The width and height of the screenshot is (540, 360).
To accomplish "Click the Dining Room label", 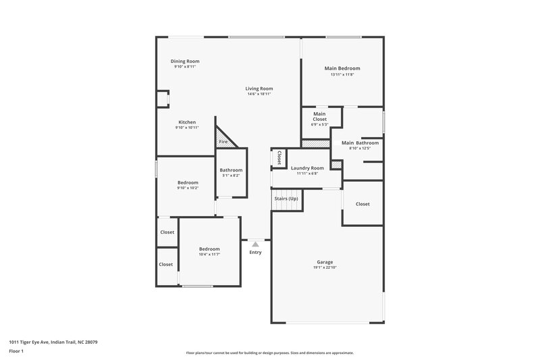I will (185, 61).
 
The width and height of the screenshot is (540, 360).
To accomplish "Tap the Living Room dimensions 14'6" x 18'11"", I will (259, 94).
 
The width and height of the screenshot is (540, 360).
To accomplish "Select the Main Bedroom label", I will (342, 68).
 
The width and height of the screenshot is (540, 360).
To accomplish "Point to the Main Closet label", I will (319, 117).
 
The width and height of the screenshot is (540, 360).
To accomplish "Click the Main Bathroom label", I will (360, 143).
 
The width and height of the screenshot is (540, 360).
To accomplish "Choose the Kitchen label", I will (187, 122).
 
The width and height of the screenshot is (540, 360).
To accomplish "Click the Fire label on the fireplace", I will (223, 143).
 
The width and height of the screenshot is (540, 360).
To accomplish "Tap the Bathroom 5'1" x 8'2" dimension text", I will (231, 176).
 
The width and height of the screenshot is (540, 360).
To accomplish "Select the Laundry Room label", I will (307, 168).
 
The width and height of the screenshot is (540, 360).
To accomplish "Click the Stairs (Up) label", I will (286, 199).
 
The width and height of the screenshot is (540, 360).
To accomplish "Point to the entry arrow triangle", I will (255, 245).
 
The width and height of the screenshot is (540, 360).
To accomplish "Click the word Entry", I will (255, 253).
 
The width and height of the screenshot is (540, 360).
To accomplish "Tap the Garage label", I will (325, 262).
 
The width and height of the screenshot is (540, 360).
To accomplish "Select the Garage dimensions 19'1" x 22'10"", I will (325, 267).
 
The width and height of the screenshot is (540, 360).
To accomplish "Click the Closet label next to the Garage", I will (362, 204).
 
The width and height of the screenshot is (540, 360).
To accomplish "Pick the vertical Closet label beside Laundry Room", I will (279, 157).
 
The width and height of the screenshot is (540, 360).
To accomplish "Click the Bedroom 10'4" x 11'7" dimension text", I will (209, 254).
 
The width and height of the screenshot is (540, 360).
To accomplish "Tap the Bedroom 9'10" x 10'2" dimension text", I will (188, 188).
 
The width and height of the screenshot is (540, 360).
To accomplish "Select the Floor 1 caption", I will (16, 352).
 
